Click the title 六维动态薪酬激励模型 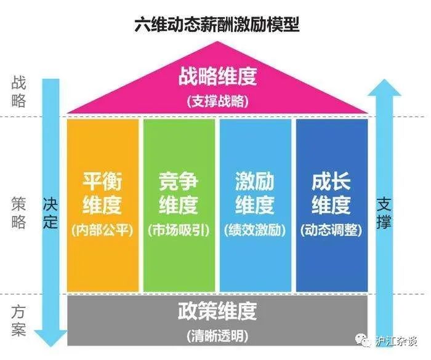tap(217, 25)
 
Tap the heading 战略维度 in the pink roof tap(217, 76)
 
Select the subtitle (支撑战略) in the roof tap(217, 102)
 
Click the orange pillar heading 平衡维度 tap(102, 193)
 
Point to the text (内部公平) tap(103, 230)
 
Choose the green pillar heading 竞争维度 tap(179, 193)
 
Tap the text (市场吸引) tap(179, 230)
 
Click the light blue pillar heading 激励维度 tap(255, 193)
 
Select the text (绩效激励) tap(255, 230)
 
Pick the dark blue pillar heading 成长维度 tap(331, 193)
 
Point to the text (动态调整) tap(331, 230)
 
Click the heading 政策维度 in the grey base tap(217, 311)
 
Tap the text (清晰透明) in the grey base tap(217, 336)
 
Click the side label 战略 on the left tap(18, 92)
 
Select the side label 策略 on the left tap(18, 213)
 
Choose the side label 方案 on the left tap(18, 321)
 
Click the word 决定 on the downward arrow tap(50, 213)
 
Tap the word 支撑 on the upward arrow tap(384, 213)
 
